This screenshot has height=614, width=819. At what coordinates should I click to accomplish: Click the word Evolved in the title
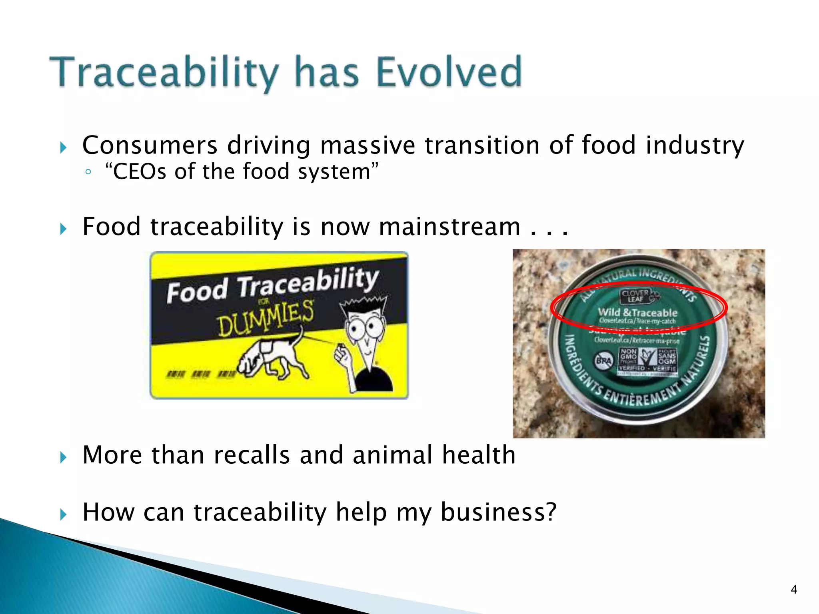coord(449,72)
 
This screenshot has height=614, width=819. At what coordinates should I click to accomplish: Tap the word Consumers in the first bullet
coord(150,145)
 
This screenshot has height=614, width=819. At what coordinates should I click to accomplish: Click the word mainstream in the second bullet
coord(449,227)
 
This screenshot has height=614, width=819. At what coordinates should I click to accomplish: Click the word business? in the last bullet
coord(498,512)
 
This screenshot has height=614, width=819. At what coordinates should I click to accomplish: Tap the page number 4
coord(794,589)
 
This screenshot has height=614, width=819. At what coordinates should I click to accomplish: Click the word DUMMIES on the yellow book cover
coord(266,319)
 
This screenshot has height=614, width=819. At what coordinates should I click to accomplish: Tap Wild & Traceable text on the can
coord(637,313)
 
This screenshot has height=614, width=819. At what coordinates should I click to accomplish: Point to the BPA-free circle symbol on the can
coord(603,361)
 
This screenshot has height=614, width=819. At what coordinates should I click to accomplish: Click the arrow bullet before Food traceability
coord(63,229)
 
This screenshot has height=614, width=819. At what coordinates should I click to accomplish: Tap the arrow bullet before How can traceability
coord(63,514)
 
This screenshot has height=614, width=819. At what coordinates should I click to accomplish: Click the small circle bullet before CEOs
coord(88,172)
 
